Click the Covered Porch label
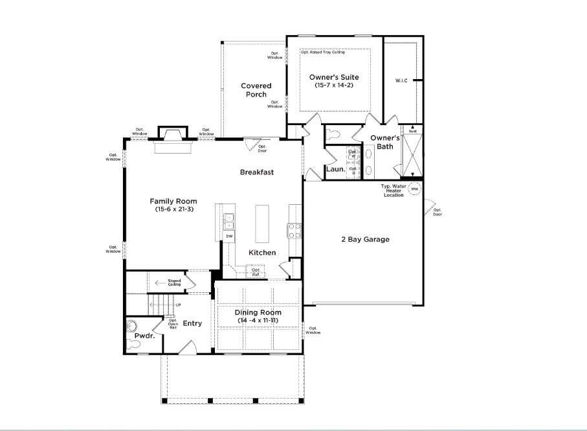point(256,90)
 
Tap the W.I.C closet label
point(401,81)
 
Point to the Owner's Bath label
point(385,142)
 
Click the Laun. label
point(335,169)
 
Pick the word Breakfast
point(257,172)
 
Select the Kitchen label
point(262,252)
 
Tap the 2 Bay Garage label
point(365,239)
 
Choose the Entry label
point(192,323)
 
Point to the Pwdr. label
point(143,336)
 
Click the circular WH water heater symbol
point(414,189)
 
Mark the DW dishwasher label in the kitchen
point(229,236)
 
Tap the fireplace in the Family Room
point(172,139)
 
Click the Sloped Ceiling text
point(174,283)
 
